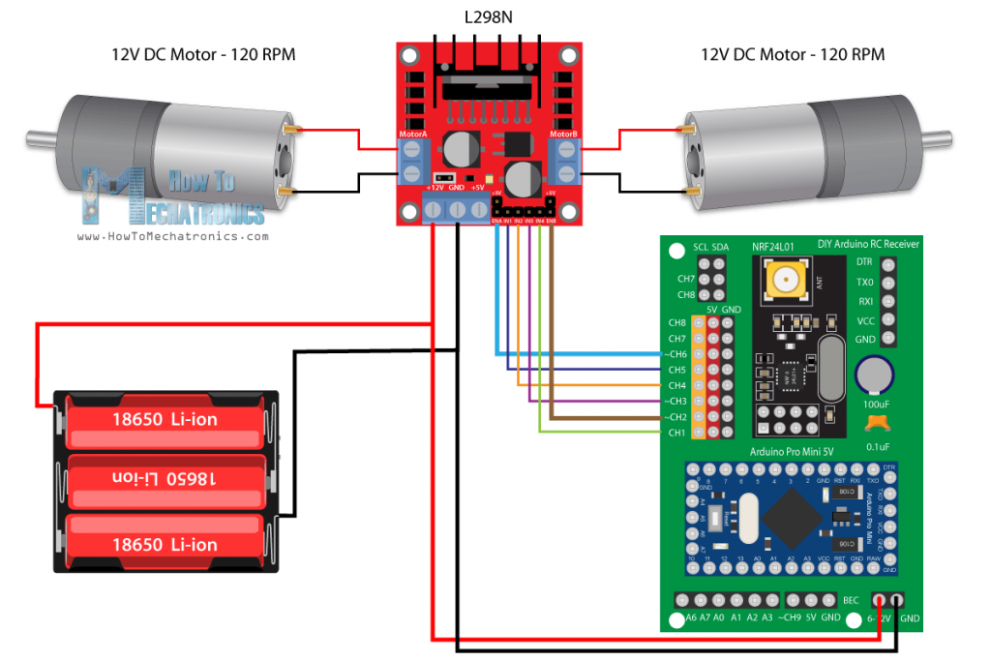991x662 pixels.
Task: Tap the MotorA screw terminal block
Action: (414, 162)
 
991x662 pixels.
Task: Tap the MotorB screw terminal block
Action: (562, 162)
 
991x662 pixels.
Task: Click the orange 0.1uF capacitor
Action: (878, 423)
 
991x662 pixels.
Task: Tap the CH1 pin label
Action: (676, 432)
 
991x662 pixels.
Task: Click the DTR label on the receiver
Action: (865, 261)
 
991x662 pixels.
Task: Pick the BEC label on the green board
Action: (851, 600)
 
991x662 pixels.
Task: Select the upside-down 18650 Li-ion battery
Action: (165, 478)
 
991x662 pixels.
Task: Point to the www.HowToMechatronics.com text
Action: (171, 236)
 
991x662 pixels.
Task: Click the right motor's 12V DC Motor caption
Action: (792, 55)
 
